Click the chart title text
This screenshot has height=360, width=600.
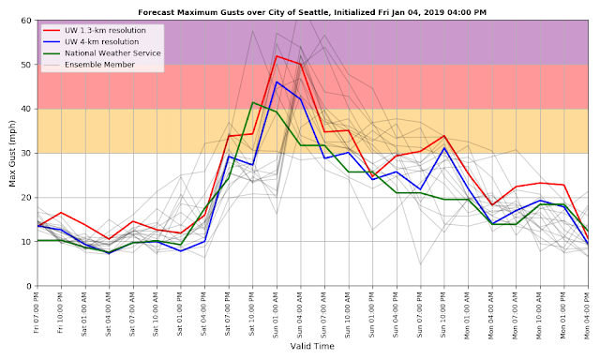point(312,12)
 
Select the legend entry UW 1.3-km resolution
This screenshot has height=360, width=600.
point(94,30)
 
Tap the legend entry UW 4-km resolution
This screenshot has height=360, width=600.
point(91,41)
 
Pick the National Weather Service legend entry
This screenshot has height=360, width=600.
point(102,53)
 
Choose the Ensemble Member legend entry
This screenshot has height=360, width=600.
point(89,65)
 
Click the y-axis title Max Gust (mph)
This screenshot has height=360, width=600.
point(12,154)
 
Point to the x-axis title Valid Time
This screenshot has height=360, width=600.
point(312,346)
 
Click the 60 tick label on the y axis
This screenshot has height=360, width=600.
point(26,20)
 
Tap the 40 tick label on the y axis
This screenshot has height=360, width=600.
point(26,109)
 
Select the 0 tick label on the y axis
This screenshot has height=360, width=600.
point(29,286)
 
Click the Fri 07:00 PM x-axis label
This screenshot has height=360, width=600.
point(37,312)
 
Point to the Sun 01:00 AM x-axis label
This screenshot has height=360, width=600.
point(276,315)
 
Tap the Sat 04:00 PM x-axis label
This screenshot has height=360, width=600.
point(204,314)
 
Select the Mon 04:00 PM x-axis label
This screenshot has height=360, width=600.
point(588,315)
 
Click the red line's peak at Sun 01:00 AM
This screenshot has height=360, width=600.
point(277,56)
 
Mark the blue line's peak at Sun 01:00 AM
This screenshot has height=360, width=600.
point(277,82)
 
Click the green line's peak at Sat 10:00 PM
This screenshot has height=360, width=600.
point(252,102)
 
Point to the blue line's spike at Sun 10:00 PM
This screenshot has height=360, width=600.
point(444,148)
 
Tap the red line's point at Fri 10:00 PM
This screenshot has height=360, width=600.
point(61,213)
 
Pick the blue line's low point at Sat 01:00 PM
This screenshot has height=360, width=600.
point(181,251)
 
